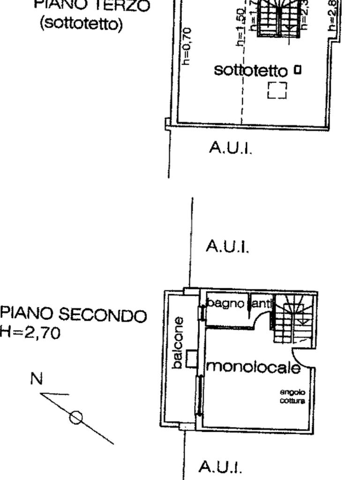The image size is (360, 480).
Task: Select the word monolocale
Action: tap(253, 367)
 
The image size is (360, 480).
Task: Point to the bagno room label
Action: tap(226, 303)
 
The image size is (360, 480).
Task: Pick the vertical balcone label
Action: tap(178, 343)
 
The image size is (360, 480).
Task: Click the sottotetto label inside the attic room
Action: tap(250, 70)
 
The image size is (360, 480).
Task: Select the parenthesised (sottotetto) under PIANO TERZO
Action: tap(81, 23)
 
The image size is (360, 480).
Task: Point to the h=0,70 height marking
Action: tap(187, 46)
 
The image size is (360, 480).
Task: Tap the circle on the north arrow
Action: tap(76, 417)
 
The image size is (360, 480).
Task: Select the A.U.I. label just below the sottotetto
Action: tap(230, 148)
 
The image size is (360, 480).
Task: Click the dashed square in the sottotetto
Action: tap(277, 90)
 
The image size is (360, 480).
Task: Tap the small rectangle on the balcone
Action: tap(191, 359)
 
